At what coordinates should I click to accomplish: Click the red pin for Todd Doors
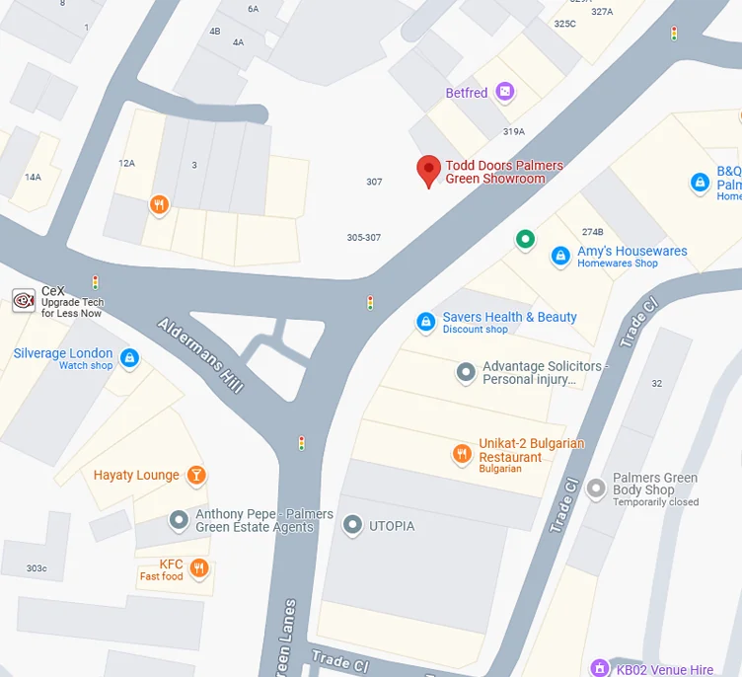(x=427, y=171)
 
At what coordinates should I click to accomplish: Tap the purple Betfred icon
(x=505, y=93)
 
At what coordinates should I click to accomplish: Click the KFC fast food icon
(x=199, y=567)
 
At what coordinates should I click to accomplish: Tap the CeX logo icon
(x=24, y=300)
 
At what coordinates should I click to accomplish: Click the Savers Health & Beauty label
(x=509, y=317)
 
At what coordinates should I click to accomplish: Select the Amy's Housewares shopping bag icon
(x=560, y=256)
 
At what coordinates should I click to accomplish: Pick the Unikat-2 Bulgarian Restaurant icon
(x=461, y=453)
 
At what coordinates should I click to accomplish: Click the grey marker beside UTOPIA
(x=352, y=526)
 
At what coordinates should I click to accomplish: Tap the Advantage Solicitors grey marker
(x=466, y=372)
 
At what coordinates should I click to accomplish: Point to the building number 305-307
(x=363, y=238)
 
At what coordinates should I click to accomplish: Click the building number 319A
(x=513, y=131)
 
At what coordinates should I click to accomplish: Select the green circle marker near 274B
(x=526, y=239)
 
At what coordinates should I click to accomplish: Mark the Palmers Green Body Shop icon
(x=595, y=488)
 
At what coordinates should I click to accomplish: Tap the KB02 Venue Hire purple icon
(x=598, y=668)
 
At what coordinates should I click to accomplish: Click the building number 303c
(x=37, y=568)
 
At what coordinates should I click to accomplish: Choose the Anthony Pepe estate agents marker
(x=179, y=519)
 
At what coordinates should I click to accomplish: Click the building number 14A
(x=33, y=178)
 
